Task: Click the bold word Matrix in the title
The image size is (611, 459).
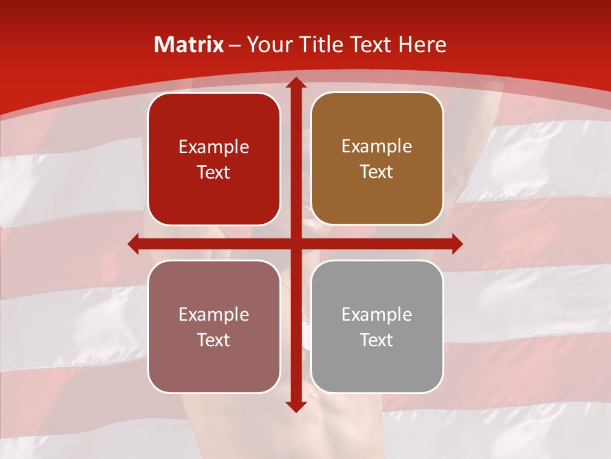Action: pos(188,45)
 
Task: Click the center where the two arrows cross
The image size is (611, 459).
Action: pos(295,244)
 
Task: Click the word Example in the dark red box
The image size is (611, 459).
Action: pos(214,147)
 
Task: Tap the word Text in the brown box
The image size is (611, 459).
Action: pos(377,172)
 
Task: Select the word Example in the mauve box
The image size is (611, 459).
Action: pos(214,315)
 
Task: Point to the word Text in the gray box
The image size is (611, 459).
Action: pos(377,340)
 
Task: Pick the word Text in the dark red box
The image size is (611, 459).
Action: pos(214,173)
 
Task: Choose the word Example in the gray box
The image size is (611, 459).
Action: pos(377,315)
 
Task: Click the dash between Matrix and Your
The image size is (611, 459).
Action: pos(235,45)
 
